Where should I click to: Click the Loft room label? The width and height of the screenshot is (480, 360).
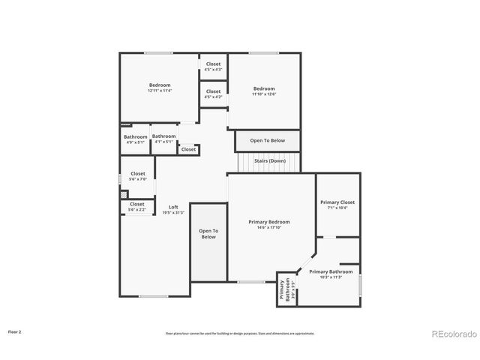point(173,207)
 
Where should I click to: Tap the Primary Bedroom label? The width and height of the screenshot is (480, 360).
point(269,222)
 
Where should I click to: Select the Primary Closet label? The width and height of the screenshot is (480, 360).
point(337,202)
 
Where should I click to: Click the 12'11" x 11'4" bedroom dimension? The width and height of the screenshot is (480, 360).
point(160,91)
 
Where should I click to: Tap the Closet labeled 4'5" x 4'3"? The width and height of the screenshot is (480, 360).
point(214,64)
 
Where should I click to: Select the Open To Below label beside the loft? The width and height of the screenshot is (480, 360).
point(208,234)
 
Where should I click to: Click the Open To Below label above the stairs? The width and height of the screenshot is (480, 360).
point(267,140)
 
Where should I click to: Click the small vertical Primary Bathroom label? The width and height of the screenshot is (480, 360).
point(284,289)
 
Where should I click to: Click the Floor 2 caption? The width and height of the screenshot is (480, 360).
point(15,331)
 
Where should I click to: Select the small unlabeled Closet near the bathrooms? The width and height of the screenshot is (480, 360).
point(188,149)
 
